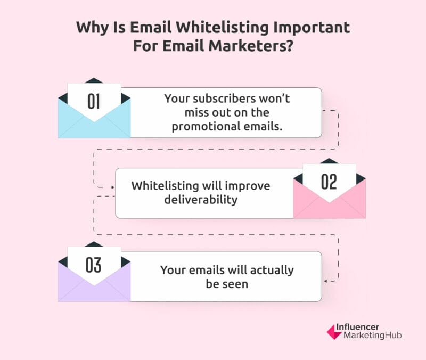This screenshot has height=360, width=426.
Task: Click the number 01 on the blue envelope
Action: (x=94, y=102)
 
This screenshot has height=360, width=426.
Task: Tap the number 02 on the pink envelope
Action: (x=329, y=182)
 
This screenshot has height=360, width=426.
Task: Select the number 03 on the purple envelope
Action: (x=94, y=265)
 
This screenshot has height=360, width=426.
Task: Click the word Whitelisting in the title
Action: (x=222, y=28)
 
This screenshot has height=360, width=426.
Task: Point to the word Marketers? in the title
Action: (x=251, y=45)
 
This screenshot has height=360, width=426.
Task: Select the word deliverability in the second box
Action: (x=201, y=200)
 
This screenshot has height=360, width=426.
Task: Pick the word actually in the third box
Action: (x=272, y=271)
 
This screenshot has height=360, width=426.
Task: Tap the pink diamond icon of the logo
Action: (x=334, y=332)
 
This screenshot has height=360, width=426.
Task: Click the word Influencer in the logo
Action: (x=357, y=326)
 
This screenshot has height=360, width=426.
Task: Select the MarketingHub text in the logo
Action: (x=372, y=336)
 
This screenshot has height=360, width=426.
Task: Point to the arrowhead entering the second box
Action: (x=112, y=187)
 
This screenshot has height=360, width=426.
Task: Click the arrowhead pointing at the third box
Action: (x=326, y=281)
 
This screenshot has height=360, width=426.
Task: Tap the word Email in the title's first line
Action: (x=151, y=27)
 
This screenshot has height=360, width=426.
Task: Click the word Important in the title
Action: (x=312, y=28)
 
